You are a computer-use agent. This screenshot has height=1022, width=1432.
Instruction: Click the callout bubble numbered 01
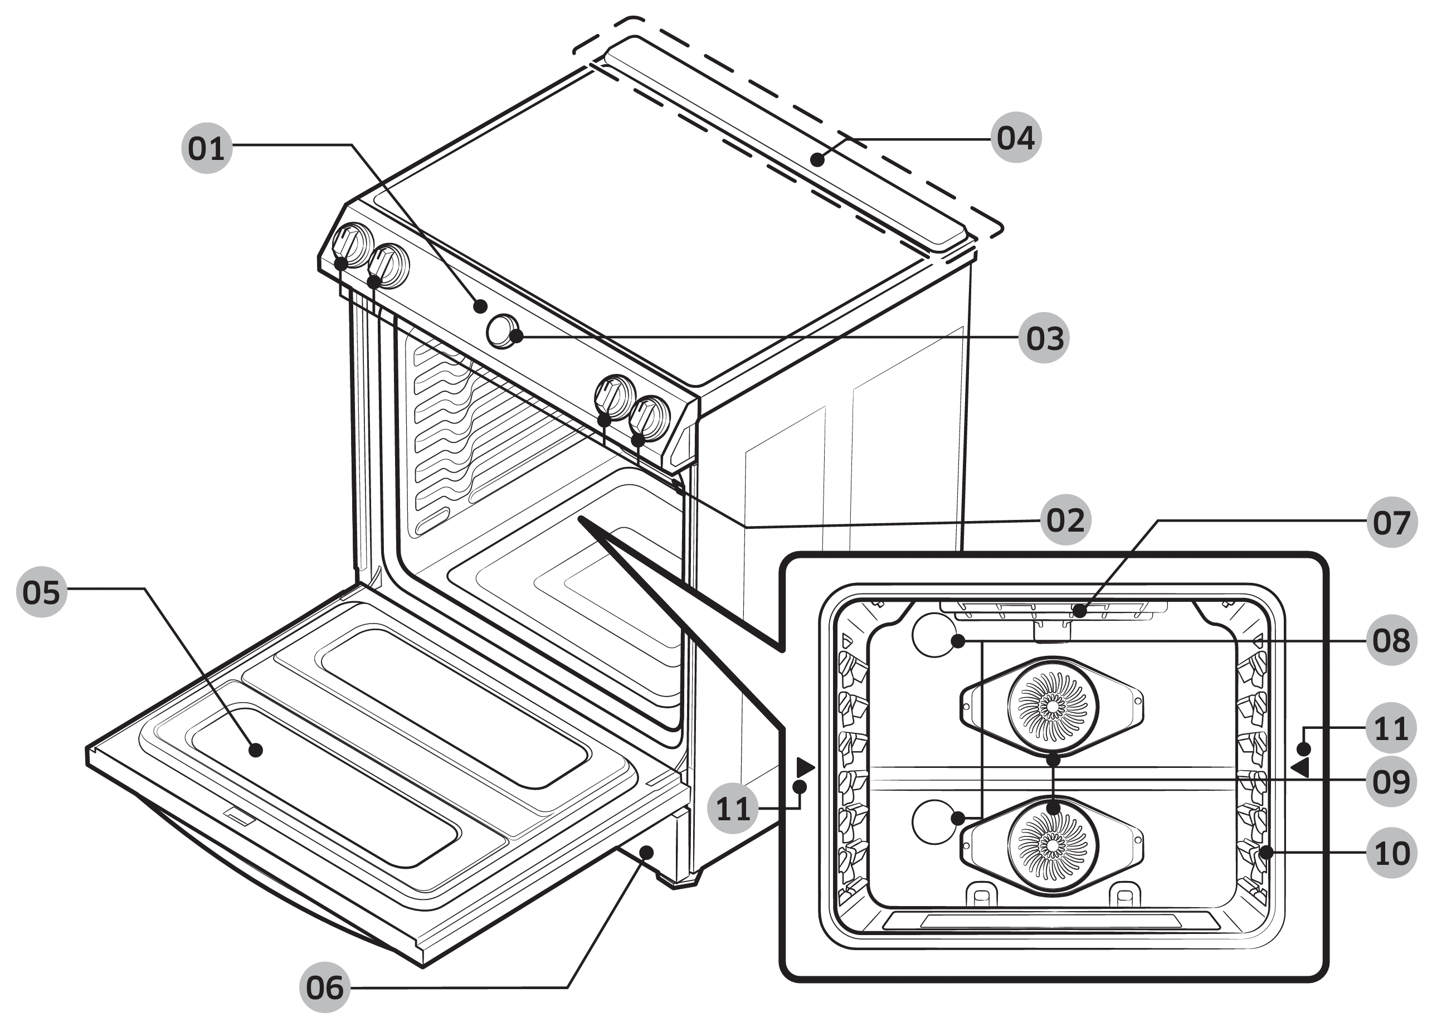[206, 149]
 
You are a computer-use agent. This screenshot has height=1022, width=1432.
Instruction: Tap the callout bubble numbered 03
[1044, 338]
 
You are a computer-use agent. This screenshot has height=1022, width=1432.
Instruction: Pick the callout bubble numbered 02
[1065, 520]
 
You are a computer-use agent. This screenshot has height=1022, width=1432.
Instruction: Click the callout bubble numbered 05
[42, 592]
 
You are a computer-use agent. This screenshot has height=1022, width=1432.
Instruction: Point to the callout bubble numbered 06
[325, 987]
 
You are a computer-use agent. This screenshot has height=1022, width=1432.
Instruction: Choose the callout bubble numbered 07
[1392, 522]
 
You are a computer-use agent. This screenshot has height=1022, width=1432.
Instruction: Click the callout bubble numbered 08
[1392, 640]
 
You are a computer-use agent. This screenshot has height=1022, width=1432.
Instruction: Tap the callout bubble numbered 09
[1392, 782]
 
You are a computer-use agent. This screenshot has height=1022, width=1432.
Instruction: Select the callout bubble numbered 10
[1392, 853]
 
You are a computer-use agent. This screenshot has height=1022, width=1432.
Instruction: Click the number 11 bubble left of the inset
[733, 808]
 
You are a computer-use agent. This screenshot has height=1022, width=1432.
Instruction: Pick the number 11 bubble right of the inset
[1392, 729]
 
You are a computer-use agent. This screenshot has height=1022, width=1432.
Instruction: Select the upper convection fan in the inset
[1053, 705]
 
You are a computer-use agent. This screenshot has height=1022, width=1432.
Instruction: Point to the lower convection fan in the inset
[1053, 846]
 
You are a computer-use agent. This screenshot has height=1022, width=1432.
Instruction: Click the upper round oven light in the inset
[934, 636]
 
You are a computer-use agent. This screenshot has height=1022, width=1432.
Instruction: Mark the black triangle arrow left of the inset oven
[805, 767]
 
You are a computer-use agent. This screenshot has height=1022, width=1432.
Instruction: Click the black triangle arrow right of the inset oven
[1301, 767]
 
